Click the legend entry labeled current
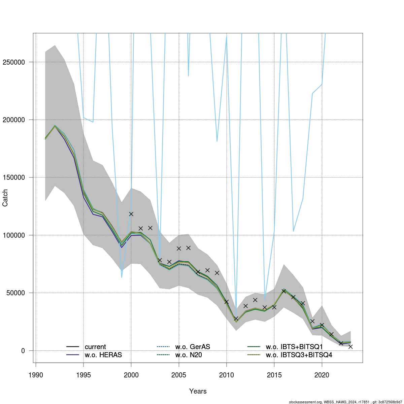click(x=95, y=347)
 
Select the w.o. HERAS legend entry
click(x=103, y=355)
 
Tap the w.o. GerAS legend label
click(x=193, y=347)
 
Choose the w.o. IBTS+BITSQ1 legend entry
click(x=294, y=347)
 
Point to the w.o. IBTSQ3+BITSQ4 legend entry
click(x=299, y=355)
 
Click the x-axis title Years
click(x=198, y=391)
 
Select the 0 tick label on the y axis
click(x=23, y=350)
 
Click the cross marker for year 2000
click(x=131, y=214)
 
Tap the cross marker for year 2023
click(x=350, y=346)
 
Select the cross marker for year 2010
click(x=227, y=302)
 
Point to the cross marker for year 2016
click(x=284, y=291)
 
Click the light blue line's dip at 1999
click(x=122, y=277)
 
